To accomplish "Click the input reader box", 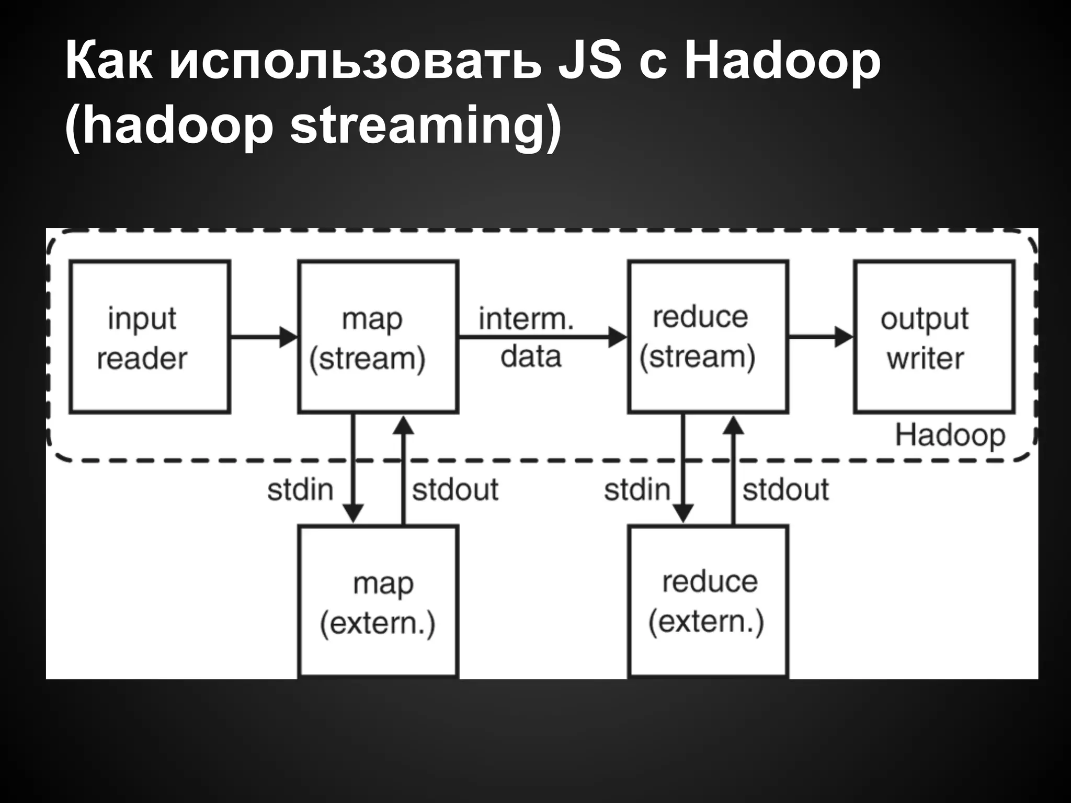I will pos(150,337).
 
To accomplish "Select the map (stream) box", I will pos(378,337).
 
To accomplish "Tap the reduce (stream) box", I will pos(708,337).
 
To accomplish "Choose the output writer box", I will pos(935,337).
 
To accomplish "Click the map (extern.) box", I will pos(378,601).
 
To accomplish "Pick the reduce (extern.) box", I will pos(708,601).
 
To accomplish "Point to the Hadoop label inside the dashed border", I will pos(950,435).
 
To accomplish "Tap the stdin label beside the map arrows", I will pos(300,490).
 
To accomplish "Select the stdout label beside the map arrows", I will pos(455,490).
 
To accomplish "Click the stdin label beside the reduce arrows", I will pos(637,490).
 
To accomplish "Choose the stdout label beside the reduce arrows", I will pos(785,490).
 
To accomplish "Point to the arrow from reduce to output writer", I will pos(821,337).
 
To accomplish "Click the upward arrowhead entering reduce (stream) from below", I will pos(733,426).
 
